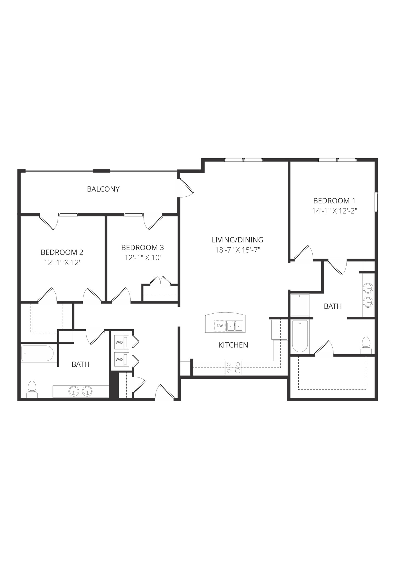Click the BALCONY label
tap(103, 189)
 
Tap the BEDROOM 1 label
tap(334, 201)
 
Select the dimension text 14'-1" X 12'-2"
tap(335, 211)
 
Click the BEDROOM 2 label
tap(62, 252)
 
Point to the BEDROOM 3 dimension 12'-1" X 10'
tap(142, 258)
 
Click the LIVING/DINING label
tap(237, 240)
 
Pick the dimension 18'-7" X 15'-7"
tap(237, 250)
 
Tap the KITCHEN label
tap(233, 345)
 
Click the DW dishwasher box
tap(220, 326)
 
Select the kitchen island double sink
tap(235, 326)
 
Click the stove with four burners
tap(233, 368)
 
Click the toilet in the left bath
tap(32, 389)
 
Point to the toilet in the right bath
tap(366, 346)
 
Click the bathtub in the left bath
tap(38, 353)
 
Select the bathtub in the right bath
tap(300, 336)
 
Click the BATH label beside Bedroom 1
tap(333, 306)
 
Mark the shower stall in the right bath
tap(300, 305)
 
